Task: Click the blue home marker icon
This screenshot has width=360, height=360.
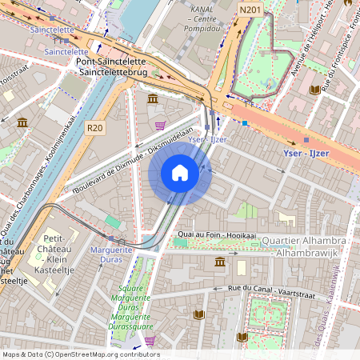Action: [x=180, y=173]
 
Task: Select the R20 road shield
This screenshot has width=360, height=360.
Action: [x=95, y=127]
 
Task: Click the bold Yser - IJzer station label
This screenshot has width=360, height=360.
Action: [x=313, y=152]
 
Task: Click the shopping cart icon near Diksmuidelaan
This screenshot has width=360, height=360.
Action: [x=160, y=126]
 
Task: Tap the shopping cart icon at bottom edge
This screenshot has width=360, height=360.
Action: [x=150, y=342]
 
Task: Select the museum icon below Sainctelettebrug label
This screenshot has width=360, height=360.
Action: [x=153, y=98]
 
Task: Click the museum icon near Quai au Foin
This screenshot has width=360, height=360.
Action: [x=219, y=262]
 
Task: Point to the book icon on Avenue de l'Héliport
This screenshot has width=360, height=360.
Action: [x=315, y=90]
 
